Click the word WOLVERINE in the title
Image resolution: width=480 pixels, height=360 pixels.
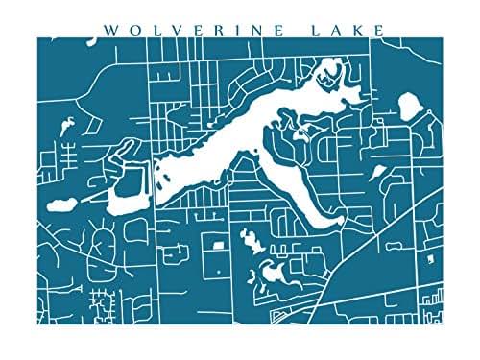[192, 29]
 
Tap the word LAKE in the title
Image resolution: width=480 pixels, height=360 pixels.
[345, 29]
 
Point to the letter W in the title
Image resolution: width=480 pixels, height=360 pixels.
[108, 29]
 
